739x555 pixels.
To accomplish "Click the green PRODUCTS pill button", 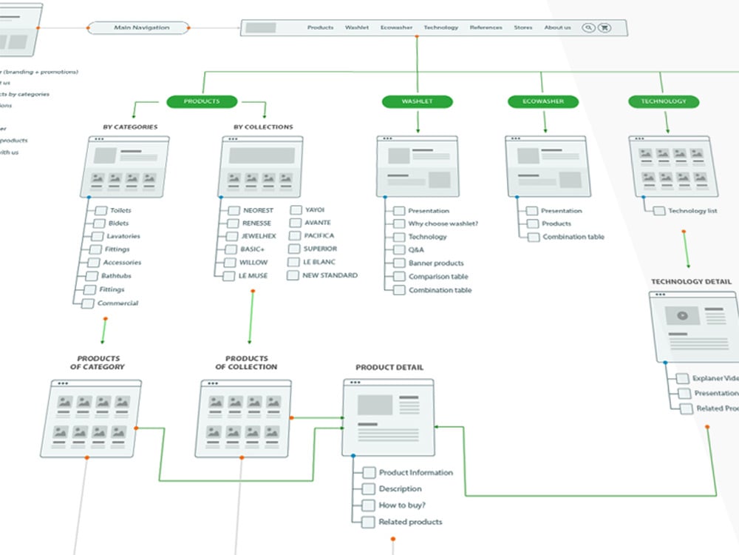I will coord(202,101).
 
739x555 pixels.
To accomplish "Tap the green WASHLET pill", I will coord(417,101).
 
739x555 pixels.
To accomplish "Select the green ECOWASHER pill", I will coord(541,101).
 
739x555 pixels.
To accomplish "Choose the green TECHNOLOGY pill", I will coord(664,101).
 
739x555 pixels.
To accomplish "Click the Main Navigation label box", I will coord(141,28).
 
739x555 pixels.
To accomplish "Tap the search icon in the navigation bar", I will coord(588,28).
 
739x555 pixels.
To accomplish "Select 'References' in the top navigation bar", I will coord(486,28).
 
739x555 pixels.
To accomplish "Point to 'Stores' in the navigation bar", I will coord(523,28).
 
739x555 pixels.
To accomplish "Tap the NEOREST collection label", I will coord(258,210).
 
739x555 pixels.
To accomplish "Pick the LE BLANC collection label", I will coord(319,262).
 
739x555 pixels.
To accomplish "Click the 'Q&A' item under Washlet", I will coord(416,250).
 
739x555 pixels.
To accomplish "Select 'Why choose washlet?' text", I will coord(443,223).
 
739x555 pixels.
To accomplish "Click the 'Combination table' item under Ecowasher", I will coord(573,237).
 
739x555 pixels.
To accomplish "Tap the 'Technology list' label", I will coord(692,211).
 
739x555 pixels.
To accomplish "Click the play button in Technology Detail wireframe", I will coord(682,315).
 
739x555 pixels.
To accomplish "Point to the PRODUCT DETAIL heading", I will coord(389,367).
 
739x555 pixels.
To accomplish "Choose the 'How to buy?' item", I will coord(402,505).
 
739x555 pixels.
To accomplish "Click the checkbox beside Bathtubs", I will coord(90,276).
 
